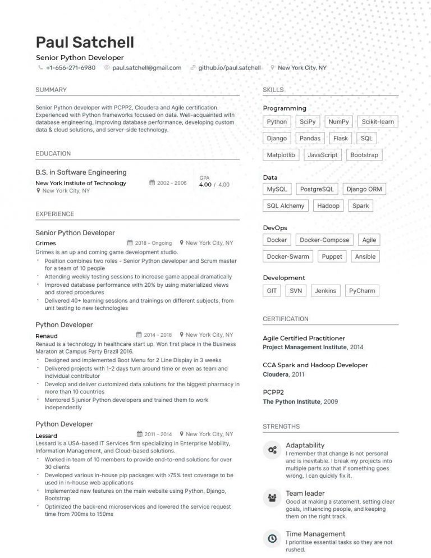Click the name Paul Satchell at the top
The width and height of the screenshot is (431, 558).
[x=85, y=42]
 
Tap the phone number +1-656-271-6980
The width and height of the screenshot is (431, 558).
[x=71, y=68]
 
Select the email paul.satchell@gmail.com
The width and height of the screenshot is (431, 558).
[x=146, y=68]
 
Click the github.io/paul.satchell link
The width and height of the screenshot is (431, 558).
[x=230, y=68]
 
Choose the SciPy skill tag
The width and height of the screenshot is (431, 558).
[x=308, y=122]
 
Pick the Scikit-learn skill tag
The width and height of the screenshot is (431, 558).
[x=378, y=122]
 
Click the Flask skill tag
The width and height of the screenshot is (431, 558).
[x=341, y=139]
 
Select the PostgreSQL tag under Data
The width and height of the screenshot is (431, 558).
[x=317, y=189]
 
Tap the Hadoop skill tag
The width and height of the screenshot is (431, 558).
[x=328, y=206]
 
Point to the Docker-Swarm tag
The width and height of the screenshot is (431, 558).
[x=288, y=257]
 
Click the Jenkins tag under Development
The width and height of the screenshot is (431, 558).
[x=325, y=291]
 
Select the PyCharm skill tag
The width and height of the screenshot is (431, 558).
[x=362, y=291]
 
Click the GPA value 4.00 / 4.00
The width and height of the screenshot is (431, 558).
[x=214, y=185]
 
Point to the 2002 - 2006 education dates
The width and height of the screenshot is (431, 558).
[x=172, y=183]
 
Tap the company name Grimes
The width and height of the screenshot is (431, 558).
[x=45, y=244]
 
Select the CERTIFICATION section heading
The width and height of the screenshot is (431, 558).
[x=286, y=319]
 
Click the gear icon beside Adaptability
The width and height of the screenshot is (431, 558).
[x=272, y=450]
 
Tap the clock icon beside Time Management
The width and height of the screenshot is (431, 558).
[x=272, y=538]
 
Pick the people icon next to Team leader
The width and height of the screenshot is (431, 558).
[x=272, y=497]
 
